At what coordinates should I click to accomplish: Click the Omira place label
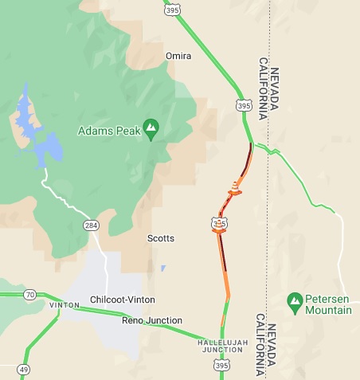pyautogui.click(x=178, y=56)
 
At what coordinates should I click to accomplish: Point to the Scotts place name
pyautogui.click(x=160, y=238)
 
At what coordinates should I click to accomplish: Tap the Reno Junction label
pyautogui.click(x=151, y=320)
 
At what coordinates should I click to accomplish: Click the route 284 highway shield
pyautogui.click(x=91, y=226)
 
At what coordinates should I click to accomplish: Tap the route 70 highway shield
pyautogui.click(x=29, y=295)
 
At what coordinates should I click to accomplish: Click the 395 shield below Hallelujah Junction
pyautogui.click(x=222, y=364)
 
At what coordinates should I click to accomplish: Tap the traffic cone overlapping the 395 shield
pyautogui.click(x=217, y=224)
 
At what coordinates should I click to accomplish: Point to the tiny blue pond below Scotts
pyautogui.click(x=162, y=268)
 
